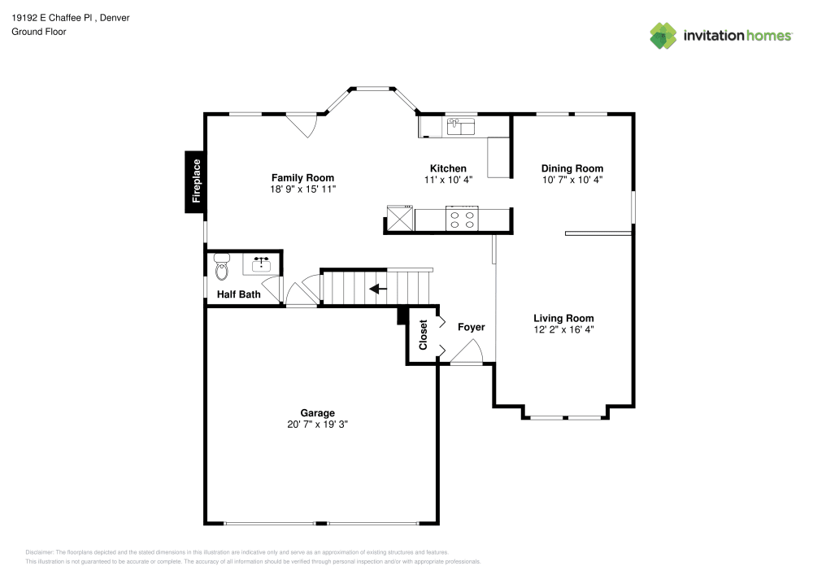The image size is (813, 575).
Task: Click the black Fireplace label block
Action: point(194,182)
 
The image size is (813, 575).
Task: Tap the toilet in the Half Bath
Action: point(221,267)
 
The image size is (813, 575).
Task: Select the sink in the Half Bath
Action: point(262,264)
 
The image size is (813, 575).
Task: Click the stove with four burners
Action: point(463,219)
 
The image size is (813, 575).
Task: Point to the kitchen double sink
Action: point(461,126)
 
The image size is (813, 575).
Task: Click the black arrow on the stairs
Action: point(377,289)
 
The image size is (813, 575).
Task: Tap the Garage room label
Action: point(317,413)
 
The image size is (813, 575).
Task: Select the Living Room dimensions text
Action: point(563,330)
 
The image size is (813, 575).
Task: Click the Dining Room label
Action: point(572,168)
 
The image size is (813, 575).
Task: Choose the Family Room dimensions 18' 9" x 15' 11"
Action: point(302,189)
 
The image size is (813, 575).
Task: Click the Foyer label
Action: point(471,327)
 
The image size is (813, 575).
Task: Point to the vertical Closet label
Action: point(423,334)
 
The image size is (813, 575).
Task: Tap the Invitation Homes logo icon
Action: point(663,35)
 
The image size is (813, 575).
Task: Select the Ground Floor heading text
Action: point(39,32)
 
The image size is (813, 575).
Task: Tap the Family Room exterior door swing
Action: point(303,124)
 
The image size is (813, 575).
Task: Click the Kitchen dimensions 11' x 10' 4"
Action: point(448,180)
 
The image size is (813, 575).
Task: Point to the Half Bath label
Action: point(238,294)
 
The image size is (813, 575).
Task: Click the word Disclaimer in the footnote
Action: point(40,551)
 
